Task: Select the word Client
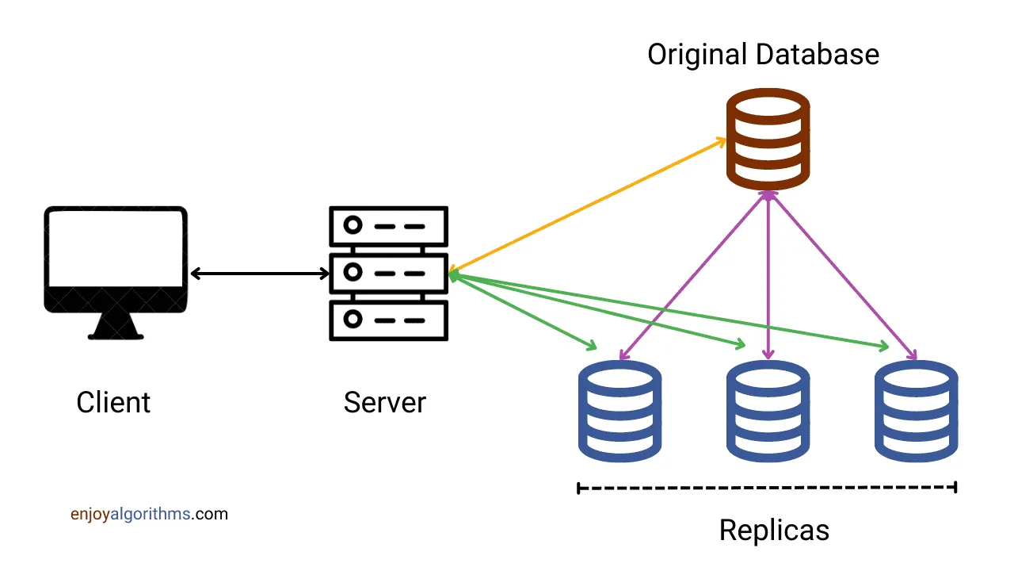coord(113,402)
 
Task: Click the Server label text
coord(384,402)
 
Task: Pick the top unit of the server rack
coord(388,226)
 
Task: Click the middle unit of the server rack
coord(388,274)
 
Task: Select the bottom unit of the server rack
coord(388,320)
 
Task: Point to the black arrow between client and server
coord(260,274)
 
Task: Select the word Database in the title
coord(817,55)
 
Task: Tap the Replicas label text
coord(774,530)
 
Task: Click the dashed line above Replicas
coord(768,488)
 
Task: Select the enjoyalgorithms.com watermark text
coord(149,514)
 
